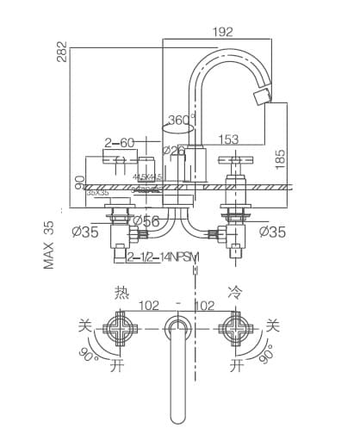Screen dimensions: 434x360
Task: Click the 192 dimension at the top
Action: (x=222, y=33)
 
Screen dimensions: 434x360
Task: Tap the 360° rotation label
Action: (x=182, y=120)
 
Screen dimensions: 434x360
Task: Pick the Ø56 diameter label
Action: (x=144, y=221)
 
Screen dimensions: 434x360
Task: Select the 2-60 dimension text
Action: (x=121, y=142)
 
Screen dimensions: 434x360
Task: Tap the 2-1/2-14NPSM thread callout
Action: (x=164, y=257)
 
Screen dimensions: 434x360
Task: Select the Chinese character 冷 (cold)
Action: (x=234, y=292)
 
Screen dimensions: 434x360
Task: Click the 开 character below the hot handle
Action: (x=117, y=366)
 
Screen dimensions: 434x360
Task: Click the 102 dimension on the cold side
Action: (x=205, y=305)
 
